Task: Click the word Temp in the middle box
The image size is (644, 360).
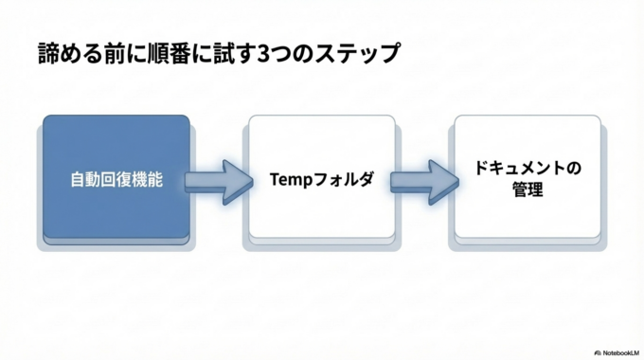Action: [x=288, y=178]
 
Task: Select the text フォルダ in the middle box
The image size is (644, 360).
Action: [x=340, y=178]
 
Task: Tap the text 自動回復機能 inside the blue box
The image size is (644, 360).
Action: [x=116, y=179]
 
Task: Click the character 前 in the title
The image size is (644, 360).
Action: [x=117, y=52]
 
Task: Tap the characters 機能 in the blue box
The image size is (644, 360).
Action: [x=147, y=179]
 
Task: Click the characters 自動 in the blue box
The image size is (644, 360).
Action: [x=84, y=179]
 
